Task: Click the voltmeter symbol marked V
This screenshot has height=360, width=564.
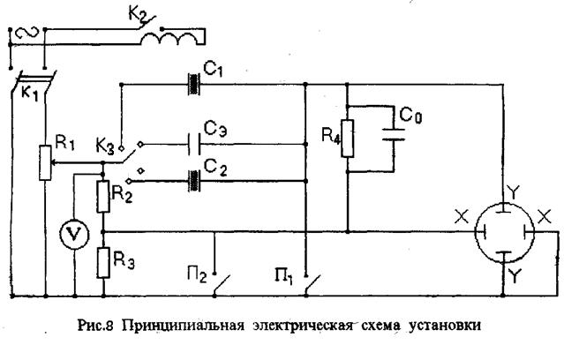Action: coord(74,235)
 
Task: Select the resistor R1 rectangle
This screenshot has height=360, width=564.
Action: coord(45,162)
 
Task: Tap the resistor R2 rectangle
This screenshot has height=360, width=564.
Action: coord(103,197)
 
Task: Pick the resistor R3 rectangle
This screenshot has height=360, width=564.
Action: coord(103,263)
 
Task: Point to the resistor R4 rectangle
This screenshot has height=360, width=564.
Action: coord(348,139)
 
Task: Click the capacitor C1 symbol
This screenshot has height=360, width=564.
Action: coord(194,84)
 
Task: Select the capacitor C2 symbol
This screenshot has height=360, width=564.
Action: coord(194,181)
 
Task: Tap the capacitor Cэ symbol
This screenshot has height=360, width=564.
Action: coord(194,144)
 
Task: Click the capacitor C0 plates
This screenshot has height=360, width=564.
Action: coord(394,134)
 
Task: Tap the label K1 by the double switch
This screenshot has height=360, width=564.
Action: coord(29,94)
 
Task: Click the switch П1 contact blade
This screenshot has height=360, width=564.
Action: coord(313,286)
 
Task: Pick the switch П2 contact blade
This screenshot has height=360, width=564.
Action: coord(222,286)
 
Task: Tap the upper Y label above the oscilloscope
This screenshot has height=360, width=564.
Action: coord(514,193)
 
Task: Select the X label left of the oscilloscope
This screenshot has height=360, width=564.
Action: coord(462,217)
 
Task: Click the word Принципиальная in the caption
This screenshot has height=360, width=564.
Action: coord(184,326)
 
